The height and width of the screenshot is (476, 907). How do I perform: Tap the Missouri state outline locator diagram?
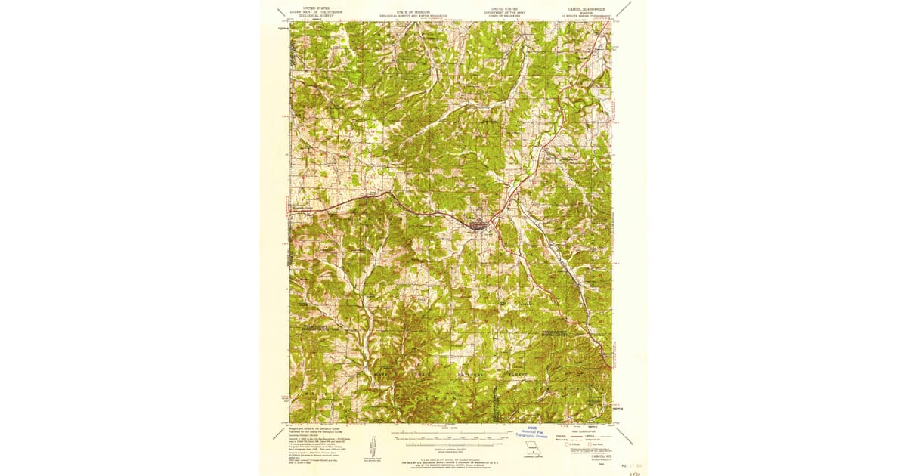518,456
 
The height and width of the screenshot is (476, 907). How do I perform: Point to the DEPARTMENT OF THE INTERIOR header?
317,12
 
